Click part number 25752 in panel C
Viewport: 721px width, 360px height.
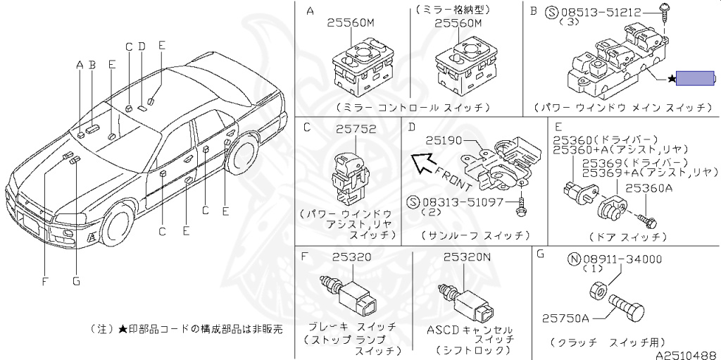pos(356,130)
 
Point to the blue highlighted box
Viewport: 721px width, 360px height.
pos(696,79)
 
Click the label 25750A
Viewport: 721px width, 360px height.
pos(565,318)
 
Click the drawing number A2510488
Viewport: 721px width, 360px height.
pos(686,354)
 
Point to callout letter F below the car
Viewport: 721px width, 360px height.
pos(44,282)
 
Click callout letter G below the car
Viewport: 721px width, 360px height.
pos(76,282)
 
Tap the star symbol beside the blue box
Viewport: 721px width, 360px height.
pos(671,79)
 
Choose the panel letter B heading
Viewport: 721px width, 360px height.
pos(533,11)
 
